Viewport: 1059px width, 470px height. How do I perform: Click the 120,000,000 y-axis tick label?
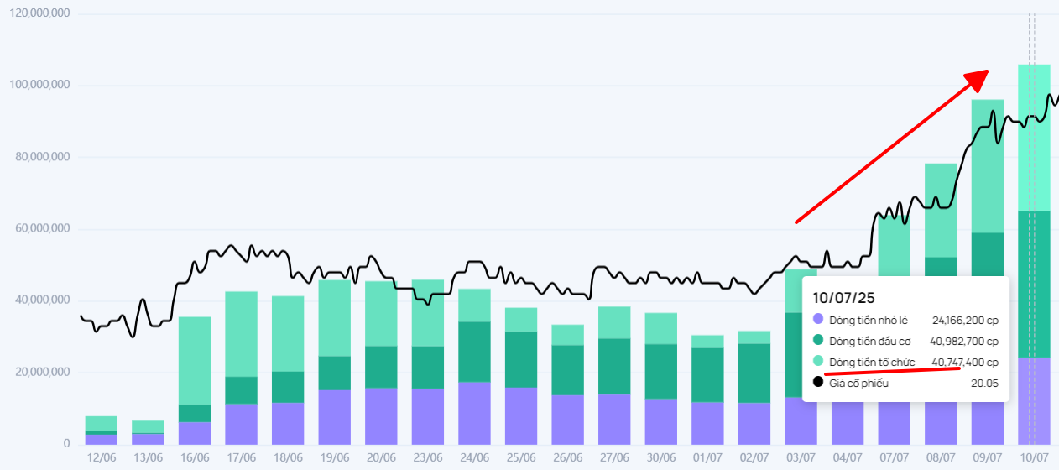pos(39,14)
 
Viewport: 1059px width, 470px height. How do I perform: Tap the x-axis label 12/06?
pos(101,457)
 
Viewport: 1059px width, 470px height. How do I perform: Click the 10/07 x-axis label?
pos(1033,457)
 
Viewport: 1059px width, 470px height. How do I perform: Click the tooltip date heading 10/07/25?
pos(844,298)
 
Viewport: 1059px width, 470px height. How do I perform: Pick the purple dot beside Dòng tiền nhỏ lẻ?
pos(818,320)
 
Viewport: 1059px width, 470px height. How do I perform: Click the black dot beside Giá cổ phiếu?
pos(818,383)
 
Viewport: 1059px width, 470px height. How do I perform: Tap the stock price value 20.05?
pos(985,384)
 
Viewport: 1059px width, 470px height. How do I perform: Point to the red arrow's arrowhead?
pos(978,77)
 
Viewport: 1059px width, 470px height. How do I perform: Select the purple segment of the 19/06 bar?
pos(335,417)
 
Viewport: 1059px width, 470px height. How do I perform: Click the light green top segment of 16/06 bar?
pos(195,361)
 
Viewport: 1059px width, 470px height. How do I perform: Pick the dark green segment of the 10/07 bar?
pos(1033,284)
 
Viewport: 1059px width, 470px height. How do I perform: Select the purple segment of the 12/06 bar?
pos(101,439)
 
